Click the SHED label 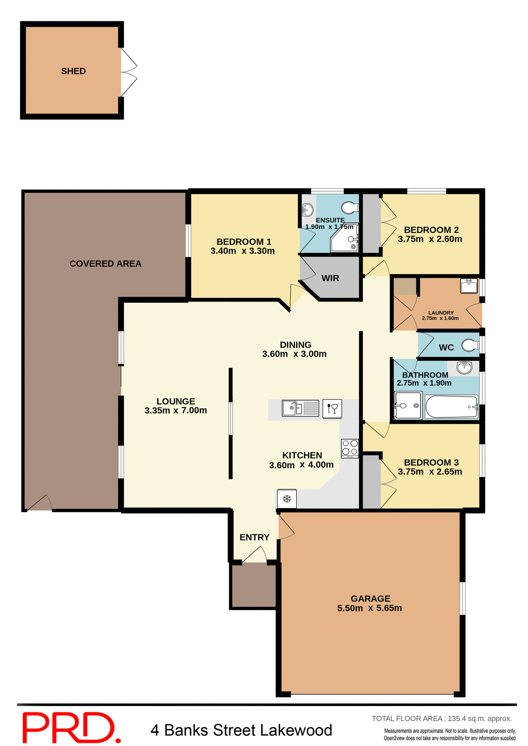tap(73, 71)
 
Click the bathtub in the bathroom tap(451, 406)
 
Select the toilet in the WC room tap(470, 345)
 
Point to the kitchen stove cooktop tap(349, 448)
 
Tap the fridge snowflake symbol tap(287, 498)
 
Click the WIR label tap(330, 278)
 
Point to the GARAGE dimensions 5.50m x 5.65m tap(369, 608)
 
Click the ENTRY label tap(254, 537)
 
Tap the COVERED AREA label tap(105, 263)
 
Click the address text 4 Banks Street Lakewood tap(241, 730)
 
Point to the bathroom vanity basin tap(464, 367)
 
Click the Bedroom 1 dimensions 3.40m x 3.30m tap(242, 251)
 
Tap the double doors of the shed tap(128, 72)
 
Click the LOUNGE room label tap(175, 401)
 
